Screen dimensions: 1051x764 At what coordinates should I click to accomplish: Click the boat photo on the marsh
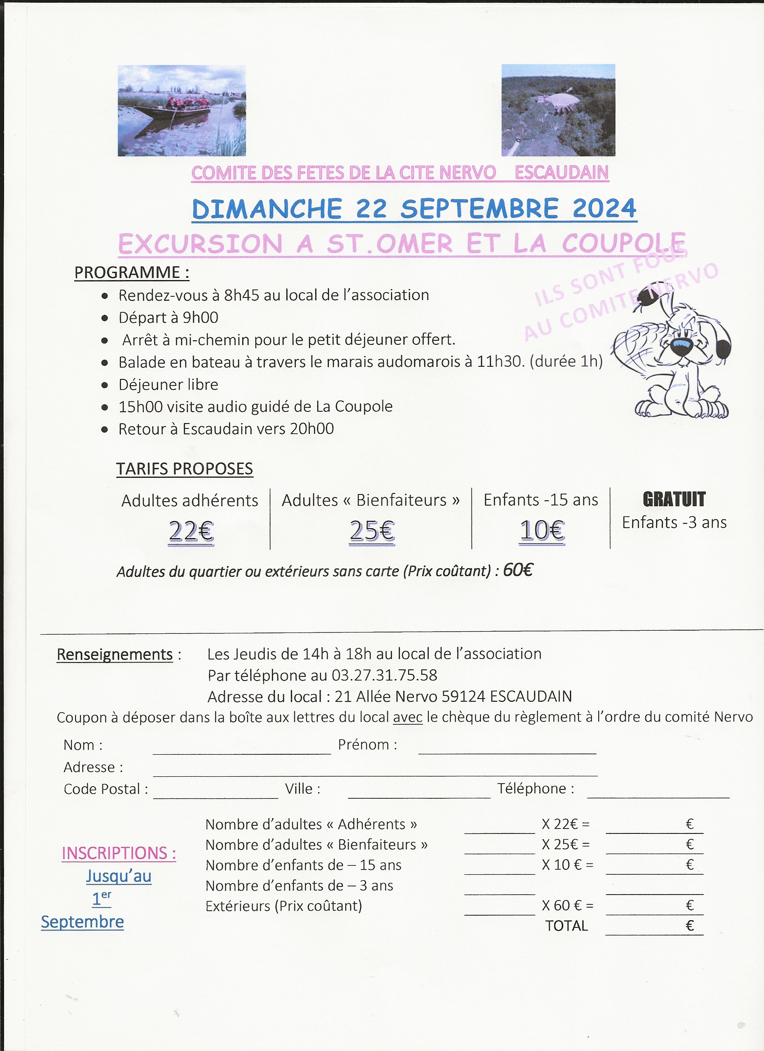[x=182, y=111]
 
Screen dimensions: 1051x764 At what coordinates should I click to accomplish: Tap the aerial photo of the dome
[x=558, y=110]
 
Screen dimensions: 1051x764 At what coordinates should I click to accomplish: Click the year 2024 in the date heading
[x=604, y=209]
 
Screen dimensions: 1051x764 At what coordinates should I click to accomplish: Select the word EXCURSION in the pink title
[x=200, y=244]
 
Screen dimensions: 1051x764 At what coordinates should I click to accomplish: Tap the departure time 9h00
[x=200, y=318]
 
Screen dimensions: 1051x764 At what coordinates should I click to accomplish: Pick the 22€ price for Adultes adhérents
[x=191, y=531]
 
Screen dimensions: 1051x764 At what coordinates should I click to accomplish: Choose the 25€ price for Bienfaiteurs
[x=372, y=531]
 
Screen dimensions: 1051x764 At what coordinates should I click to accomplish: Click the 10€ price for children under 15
[x=542, y=530]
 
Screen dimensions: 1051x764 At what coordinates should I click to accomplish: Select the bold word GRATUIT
[x=674, y=499]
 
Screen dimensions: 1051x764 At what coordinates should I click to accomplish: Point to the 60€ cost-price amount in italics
[x=518, y=570]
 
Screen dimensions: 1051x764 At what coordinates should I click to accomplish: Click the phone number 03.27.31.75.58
[x=384, y=675]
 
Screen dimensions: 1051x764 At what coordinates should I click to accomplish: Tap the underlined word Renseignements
[x=115, y=655]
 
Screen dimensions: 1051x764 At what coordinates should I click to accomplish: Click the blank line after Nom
[x=241, y=748]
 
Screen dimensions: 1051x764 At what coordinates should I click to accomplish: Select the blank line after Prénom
[x=507, y=748]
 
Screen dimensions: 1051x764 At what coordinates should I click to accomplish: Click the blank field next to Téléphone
[x=658, y=791]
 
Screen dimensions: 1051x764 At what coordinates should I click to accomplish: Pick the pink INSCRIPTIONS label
[x=119, y=853]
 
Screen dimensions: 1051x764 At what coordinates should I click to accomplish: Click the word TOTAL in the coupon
[x=566, y=926]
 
